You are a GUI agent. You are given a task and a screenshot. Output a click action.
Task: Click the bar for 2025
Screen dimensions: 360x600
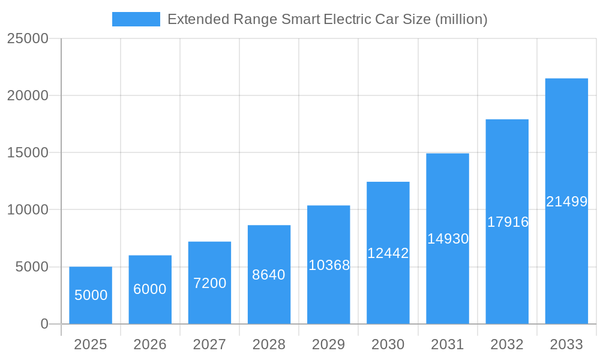pyautogui.click(x=91, y=295)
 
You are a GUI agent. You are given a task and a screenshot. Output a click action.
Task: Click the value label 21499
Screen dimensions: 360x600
pyautogui.click(x=566, y=202)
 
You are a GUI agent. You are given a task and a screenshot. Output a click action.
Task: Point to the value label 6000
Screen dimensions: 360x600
pyautogui.click(x=150, y=289)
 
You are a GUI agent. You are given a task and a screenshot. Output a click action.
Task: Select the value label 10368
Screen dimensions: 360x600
pyautogui.click(x=329, y=265)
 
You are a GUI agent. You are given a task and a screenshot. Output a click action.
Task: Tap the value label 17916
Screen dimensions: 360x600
pyautogui.click(x=508, y=222)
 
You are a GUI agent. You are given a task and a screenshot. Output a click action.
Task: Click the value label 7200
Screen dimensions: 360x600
pyautogui.click(x=209, y=283)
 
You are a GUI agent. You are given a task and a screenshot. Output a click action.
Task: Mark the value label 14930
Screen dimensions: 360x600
pyautogui.click(x=448, y=239)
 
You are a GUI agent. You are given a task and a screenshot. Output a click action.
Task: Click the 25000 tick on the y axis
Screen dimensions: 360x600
pyautogui.click(x=27, y=38)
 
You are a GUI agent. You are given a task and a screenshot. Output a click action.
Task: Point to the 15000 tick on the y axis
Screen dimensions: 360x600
pyautogui.click(x=27, y=152)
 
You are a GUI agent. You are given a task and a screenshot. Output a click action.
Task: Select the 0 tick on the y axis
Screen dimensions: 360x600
pyautogui.click(x=44, y=324)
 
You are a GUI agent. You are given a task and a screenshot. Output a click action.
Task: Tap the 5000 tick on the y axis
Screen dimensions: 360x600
pyautogui.click(x=31, y=267)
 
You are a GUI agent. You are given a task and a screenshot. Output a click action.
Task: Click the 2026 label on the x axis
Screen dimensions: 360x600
pyautogui.click(x=150, y=344)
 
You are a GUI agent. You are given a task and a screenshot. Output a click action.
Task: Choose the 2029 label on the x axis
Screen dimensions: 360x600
pyautogui.click(x=329, y=344)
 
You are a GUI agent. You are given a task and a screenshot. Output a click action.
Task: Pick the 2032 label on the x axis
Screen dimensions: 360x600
pyautogui.click(x=507, y=344)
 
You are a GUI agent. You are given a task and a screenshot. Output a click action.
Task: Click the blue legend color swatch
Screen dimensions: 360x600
pyautogui.click(x=136, y=19)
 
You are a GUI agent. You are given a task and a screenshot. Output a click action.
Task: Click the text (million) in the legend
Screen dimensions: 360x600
pyautogui.click(x=461, y=19)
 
